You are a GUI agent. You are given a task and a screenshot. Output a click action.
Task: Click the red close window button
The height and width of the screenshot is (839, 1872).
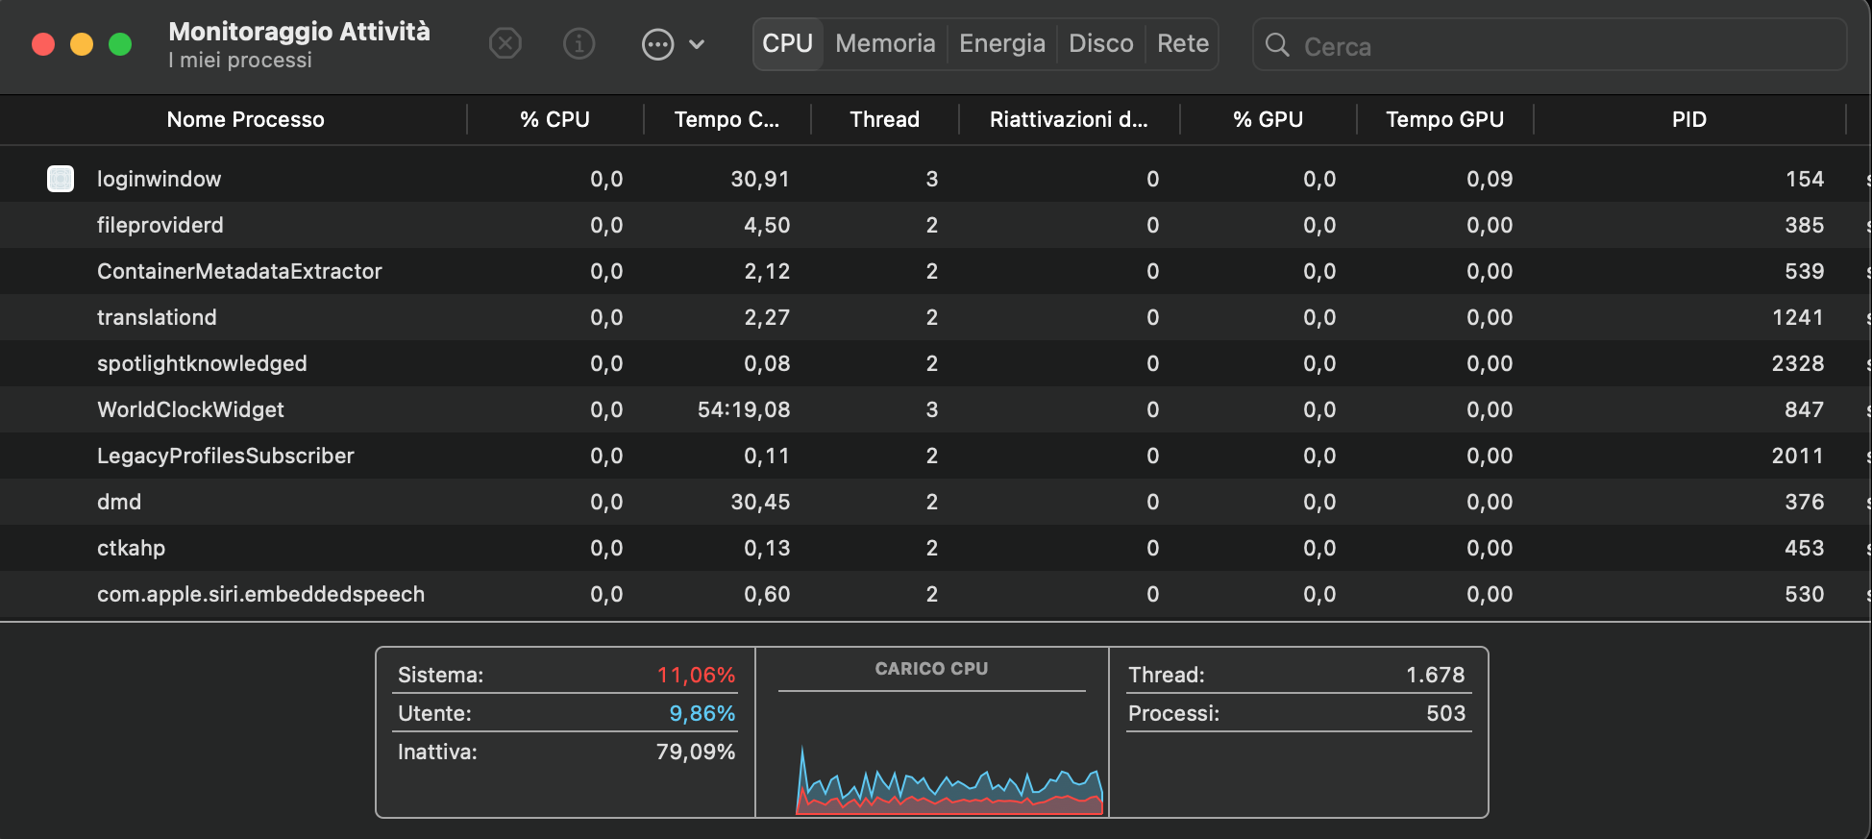click(x=43, y=44)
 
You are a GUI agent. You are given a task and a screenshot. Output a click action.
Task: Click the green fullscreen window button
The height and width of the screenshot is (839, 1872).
click(x=120, y=44)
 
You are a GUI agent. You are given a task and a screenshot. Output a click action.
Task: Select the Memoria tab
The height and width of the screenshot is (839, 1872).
click(x=885, y=44)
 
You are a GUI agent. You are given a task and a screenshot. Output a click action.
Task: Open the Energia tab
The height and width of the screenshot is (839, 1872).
click(x=1001, y=44)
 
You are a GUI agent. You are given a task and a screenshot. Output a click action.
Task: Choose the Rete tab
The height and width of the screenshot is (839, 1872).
click(x=1182, y=44)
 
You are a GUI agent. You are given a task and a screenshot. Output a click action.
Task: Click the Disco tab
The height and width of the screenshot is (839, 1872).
click(x=1100, y=44)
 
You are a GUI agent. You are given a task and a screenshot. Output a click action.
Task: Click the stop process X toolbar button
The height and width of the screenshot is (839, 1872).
click(x=505, y=43)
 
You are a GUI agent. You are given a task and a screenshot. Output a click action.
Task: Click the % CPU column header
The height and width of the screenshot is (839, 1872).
click(x=554, y=119)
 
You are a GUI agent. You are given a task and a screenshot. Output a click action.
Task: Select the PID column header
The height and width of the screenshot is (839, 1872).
click(x=1688, y=119)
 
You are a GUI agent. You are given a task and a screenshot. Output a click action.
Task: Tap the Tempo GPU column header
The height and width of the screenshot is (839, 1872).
click(x=1444, y=119)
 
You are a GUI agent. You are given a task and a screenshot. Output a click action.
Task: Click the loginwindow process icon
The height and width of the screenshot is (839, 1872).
click(x=61, y=179)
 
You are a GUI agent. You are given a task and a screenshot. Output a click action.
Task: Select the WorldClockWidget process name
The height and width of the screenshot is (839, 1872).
click(x=190, y=409)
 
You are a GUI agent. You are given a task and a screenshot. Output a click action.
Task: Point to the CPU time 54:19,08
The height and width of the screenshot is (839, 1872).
click(x=744, y=409)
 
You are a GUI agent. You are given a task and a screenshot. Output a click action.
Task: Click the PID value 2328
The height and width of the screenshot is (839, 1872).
click(x=1797, y=363)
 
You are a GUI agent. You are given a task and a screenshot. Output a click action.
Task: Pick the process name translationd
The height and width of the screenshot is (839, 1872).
click(x=157, y=317)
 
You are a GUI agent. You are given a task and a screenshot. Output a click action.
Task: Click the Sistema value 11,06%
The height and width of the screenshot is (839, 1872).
click(x=696, y=675)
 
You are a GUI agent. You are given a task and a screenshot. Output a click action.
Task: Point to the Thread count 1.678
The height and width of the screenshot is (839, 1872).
click(x=1435, y=675)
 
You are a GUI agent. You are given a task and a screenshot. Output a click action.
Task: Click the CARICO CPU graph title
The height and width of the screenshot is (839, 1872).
click(x=931, y=669)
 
